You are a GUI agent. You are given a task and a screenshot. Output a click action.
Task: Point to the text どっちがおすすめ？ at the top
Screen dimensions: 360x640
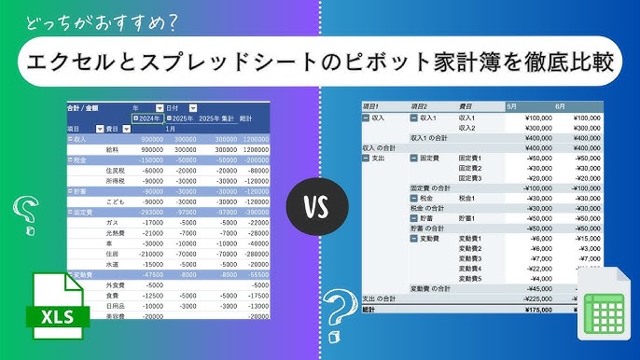coord(94,20)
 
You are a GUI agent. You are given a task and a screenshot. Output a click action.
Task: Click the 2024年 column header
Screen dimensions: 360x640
coord(149,118)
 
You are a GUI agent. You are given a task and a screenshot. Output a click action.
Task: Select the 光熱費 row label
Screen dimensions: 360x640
coord(114,233)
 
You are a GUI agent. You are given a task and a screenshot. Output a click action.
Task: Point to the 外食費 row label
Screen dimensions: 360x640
coord(115,284)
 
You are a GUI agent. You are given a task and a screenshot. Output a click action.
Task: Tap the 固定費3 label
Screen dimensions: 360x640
coord(468,177)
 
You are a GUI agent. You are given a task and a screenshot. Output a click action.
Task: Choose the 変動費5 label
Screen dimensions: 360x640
coord(470,278)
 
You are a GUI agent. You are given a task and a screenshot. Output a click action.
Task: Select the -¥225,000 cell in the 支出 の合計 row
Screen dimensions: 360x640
coord(536,298)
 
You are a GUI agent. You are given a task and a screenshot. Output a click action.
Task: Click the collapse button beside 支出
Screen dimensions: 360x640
coord(366,158)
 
